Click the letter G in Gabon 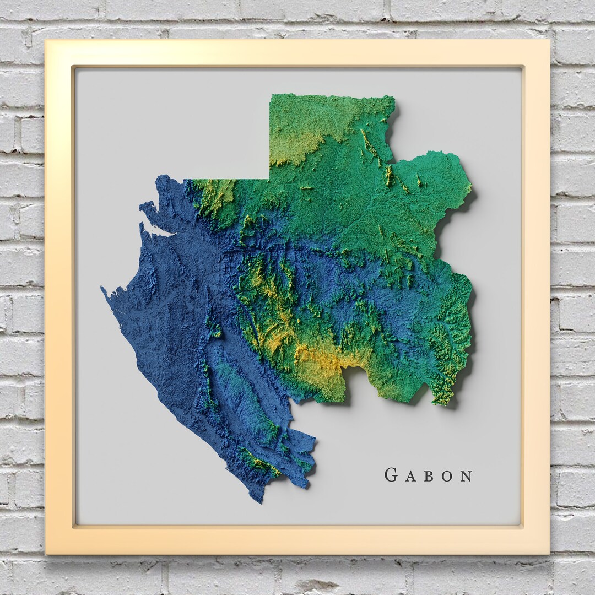pyautogui.click(x=391, y=475)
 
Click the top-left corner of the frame pyautogui.click(x=46, y=40)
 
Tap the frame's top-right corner pyautogui.click(x=549, y=40)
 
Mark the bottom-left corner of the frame pyautogui.click(x=46, y=554)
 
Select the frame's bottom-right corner pyautogui.click(x=549, y=554)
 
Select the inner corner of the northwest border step pyautogui.click(x=269, y=179)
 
